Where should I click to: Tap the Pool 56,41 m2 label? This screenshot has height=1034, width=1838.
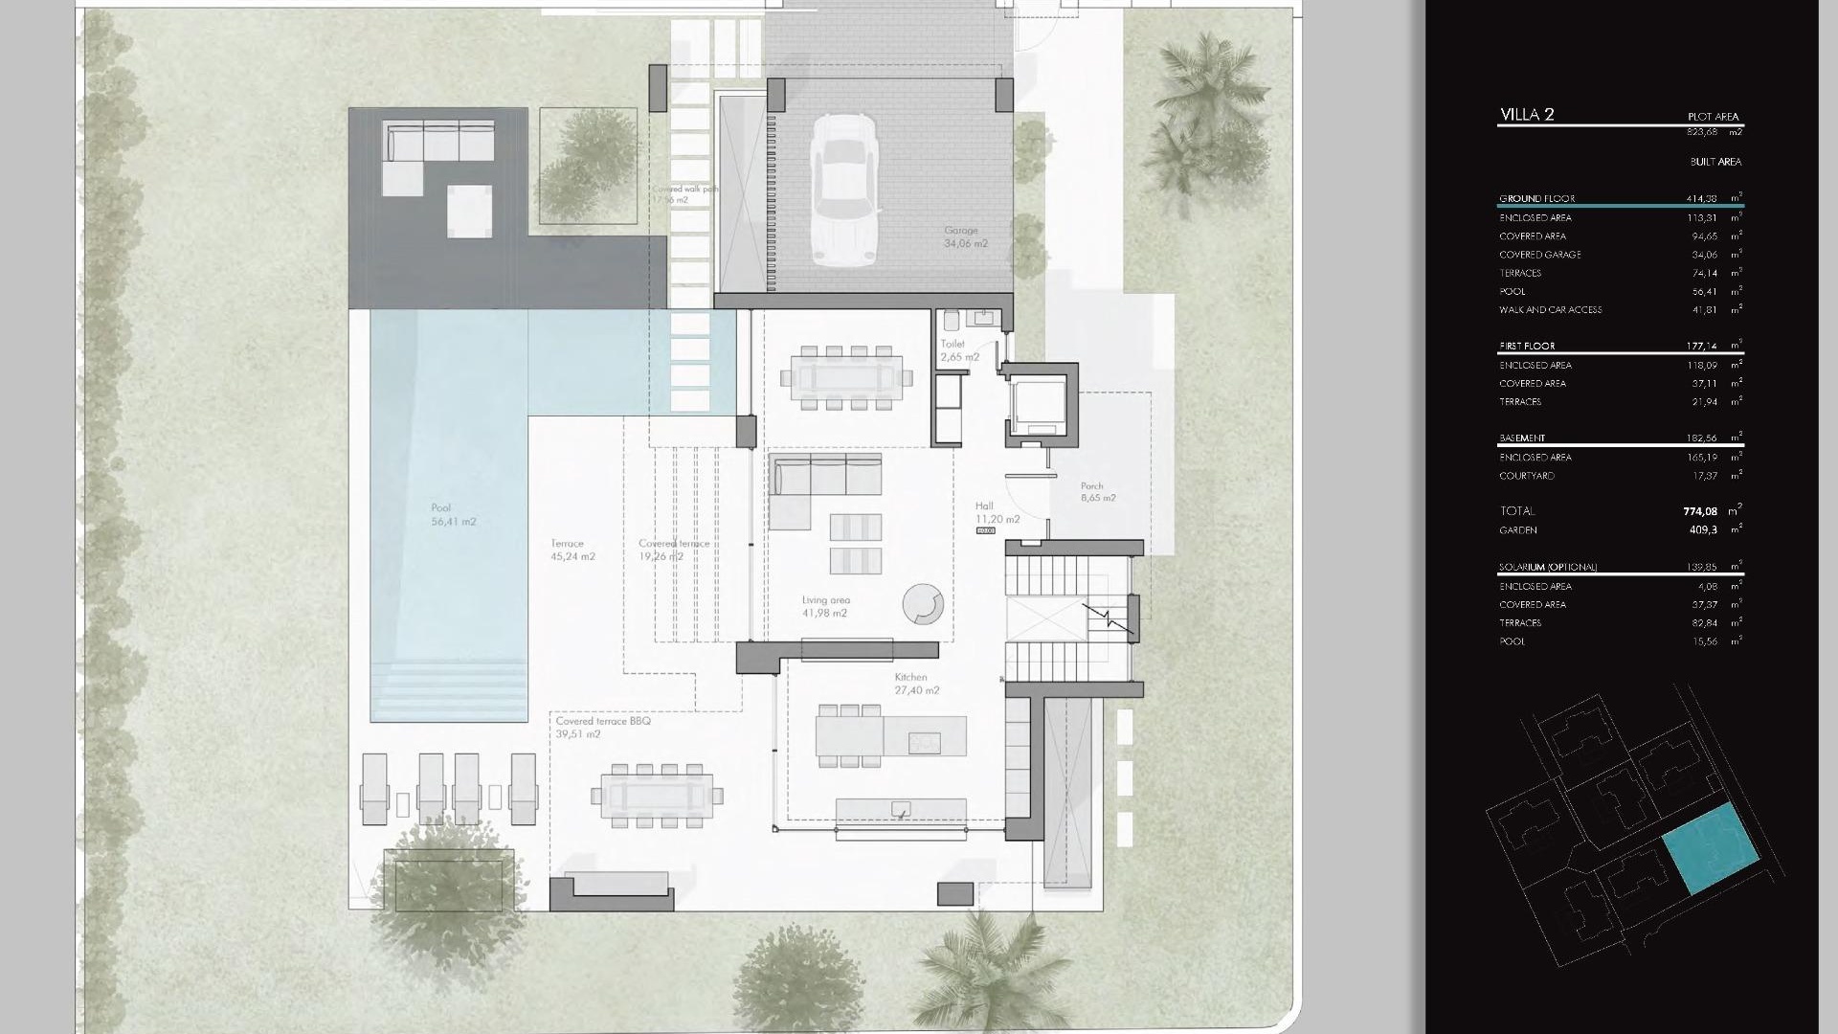pos(452,515)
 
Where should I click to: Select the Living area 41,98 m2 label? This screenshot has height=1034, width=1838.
pos(824,607)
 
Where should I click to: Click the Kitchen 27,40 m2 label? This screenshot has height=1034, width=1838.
pos(916,684)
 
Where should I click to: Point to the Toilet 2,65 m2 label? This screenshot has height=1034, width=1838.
pos(958,350)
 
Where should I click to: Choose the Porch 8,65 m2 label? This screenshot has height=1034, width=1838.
pos(1097,492)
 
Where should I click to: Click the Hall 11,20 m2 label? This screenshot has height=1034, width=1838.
pos(997,512)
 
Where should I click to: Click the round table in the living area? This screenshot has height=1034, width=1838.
pos(923,604)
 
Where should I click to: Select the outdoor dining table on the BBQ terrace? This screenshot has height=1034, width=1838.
pos(657,796)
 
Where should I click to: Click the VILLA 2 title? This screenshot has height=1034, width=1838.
pos(1527,115)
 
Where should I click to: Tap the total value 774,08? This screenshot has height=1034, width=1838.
pos(1700,511)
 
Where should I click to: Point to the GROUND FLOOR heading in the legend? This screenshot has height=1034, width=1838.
pos(1536,199)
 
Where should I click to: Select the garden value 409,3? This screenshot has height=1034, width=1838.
pos(1703,530)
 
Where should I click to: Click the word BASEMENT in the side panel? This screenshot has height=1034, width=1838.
pos(1522,438)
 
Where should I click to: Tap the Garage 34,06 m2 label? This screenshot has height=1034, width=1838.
pos(965,237)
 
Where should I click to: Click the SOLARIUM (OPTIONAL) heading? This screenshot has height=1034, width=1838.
pos(1547,568)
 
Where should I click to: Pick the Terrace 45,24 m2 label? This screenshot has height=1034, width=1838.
pos(572,550)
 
